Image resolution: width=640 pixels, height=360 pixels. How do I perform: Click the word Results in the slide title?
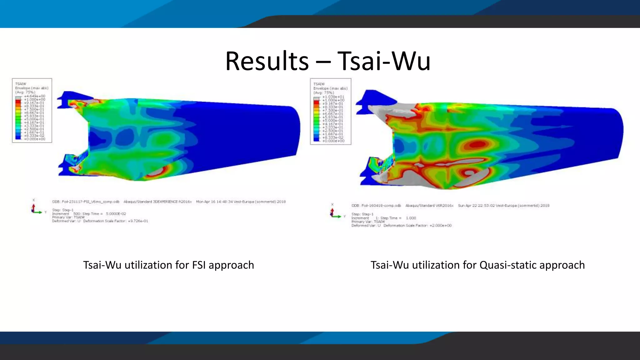pyautogui.click(x=267, y=61)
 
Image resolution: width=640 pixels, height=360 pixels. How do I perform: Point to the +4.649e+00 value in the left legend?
pyautogui.click(x=35, y=96)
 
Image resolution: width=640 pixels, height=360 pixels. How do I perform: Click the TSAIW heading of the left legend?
pyautogui.click(x=21, y=84)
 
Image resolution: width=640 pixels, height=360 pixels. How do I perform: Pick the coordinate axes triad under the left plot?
pyautogui.click(x=35, y=209)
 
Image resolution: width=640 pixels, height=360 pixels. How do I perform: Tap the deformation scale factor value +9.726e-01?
pyautogui.click(x=138, y=221)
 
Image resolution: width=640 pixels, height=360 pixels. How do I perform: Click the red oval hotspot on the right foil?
pyautogui.click(x=476, y=144)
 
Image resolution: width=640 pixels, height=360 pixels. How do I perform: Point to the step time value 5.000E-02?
pyautogui.click(x=116, y=214)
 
